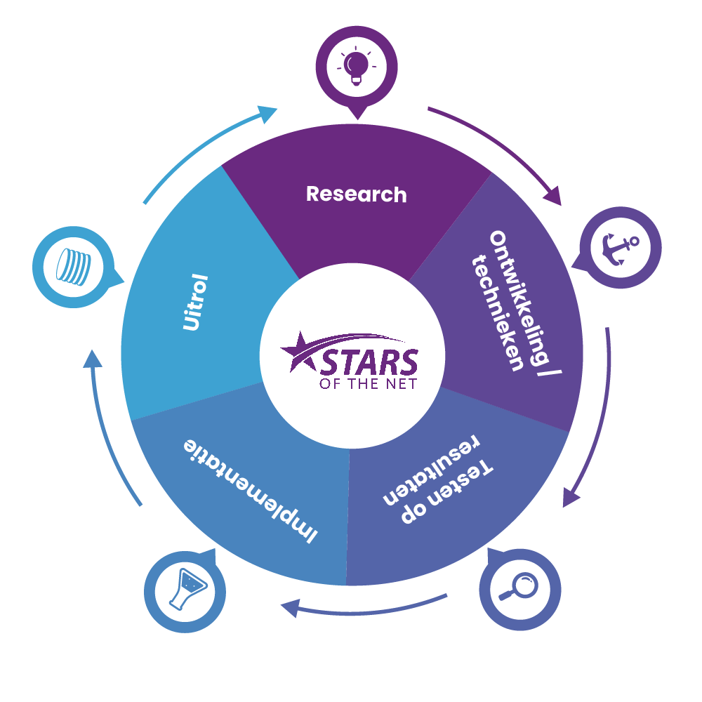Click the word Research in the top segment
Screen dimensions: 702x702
[357, 194]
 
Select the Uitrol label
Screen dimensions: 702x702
[196, 303]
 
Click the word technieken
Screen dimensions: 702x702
[498, 312]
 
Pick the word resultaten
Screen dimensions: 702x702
[432, 470]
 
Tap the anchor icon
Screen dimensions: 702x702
[620, 249]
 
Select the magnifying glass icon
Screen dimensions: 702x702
[519, 586]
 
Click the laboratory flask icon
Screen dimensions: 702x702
[187, 589]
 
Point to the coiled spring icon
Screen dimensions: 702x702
[74, 267]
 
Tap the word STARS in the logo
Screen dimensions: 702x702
[369, 362]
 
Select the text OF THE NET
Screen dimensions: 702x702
[368, 384]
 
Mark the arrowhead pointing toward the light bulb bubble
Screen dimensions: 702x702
[267, 114]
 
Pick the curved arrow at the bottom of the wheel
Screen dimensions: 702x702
[364, 607]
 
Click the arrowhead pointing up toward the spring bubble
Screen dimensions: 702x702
[93, 359]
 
